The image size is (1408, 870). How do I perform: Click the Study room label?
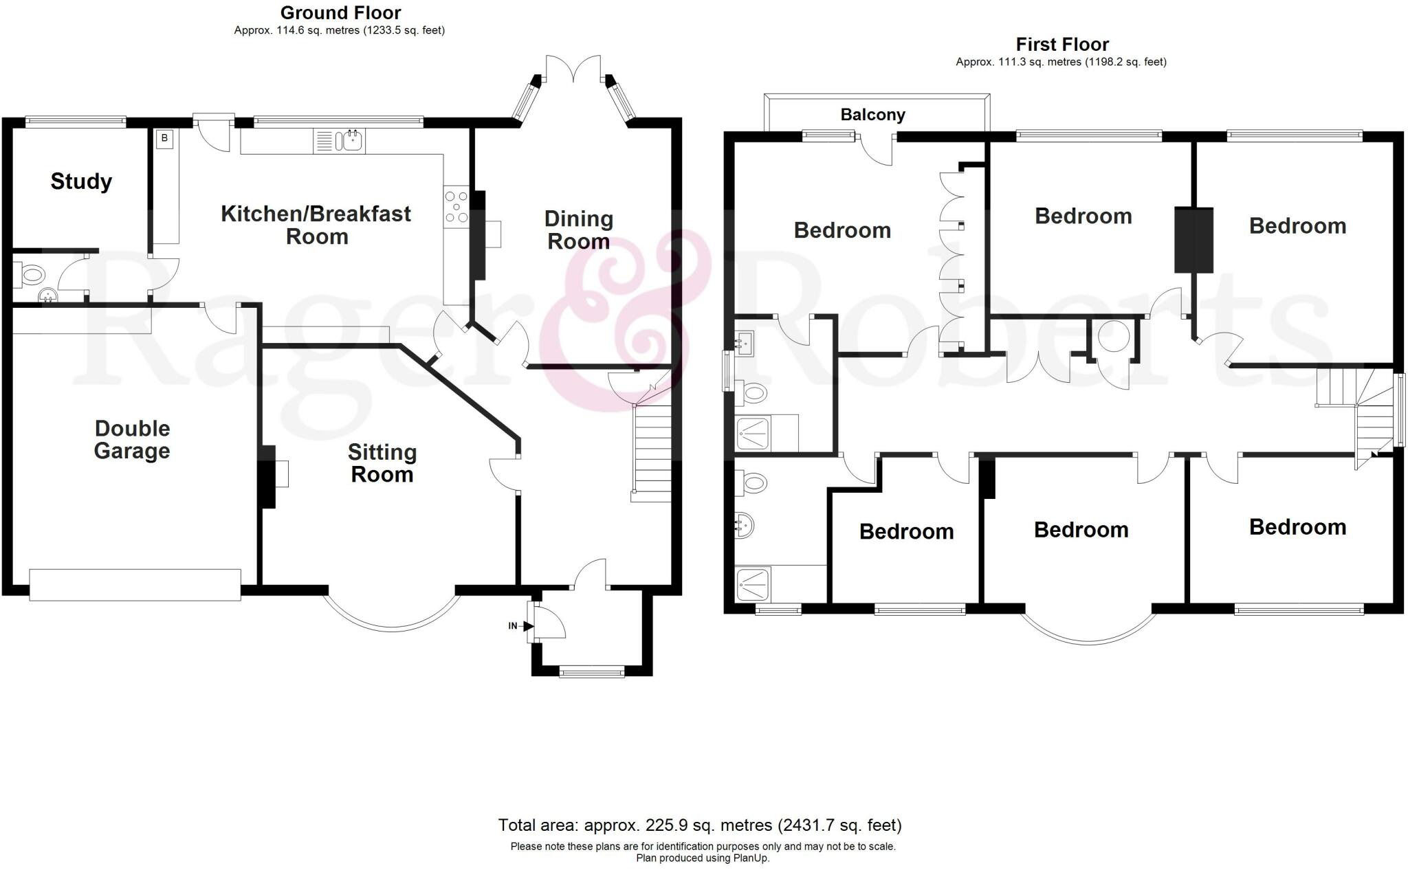[81, 181]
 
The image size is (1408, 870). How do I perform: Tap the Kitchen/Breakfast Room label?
[316, 225]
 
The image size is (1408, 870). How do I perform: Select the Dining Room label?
[578, 230]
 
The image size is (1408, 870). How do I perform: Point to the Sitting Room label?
[382, 463]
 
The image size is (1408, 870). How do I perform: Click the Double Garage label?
[132, 440]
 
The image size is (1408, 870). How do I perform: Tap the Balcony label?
[872, 115]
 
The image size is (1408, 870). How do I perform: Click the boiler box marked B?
[164, 139]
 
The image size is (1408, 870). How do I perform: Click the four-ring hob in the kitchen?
[456, 207]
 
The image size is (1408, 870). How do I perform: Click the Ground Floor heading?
[340, 12]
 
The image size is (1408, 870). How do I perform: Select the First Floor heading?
[1062, 45]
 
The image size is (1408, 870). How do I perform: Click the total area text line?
[699, 825]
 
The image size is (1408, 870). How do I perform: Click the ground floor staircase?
[651, 451]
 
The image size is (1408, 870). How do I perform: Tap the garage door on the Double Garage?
[135, 584]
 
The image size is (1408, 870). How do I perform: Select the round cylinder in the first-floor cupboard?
[1114, 336]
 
